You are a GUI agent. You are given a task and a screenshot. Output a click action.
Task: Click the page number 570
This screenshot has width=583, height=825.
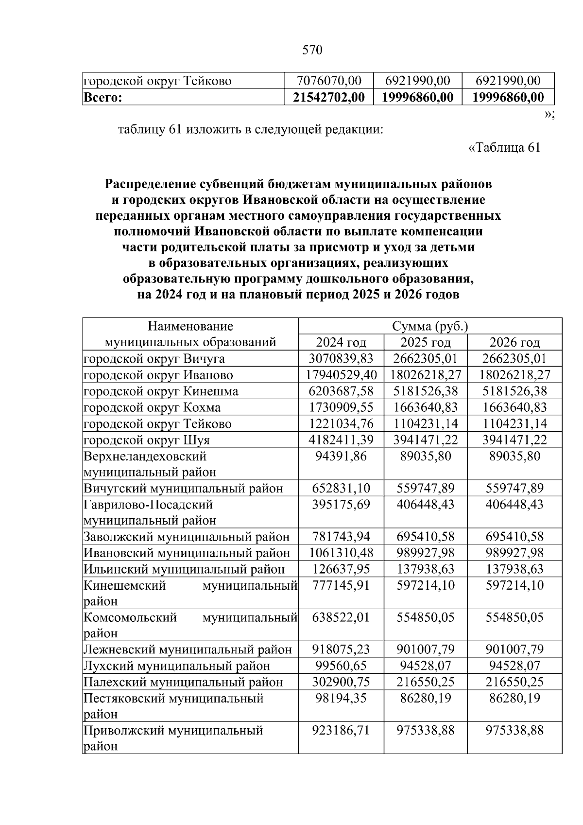pos(312,50)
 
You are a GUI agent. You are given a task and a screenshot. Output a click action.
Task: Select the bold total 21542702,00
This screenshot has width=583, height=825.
pos(329,97)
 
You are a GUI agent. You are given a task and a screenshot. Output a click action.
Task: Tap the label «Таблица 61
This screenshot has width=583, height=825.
pos(504,147)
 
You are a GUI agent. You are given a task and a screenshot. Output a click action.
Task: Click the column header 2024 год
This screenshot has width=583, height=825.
pos(341,342)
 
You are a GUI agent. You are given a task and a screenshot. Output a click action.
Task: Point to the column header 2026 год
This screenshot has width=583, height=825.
pos(514,342)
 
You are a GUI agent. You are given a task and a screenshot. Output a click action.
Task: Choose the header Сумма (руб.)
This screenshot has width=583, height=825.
pos(429,326)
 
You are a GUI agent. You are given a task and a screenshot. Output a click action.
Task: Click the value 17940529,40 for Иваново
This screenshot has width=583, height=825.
pos(341,375)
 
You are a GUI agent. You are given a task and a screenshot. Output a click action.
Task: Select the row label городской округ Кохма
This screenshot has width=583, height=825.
pos(152,407)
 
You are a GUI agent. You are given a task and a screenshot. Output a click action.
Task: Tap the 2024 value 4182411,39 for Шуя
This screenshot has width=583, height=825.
pos(341,440)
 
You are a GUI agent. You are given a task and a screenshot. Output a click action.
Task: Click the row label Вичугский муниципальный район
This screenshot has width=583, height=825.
pos(183,489)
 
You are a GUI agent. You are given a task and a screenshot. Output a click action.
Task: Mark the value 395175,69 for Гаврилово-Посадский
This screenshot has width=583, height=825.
pos(341,505)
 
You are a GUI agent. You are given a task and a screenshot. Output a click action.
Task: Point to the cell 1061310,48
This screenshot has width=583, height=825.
pos(341,553)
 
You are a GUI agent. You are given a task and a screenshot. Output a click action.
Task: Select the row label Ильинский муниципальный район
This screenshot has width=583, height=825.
pos(184,569)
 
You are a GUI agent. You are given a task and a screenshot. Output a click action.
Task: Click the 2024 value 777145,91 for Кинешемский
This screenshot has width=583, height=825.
pos(341,585)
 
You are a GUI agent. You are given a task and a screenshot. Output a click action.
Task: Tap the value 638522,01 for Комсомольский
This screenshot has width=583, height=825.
pos(341,617)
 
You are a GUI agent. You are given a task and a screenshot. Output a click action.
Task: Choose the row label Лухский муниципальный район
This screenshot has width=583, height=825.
pos(177,666)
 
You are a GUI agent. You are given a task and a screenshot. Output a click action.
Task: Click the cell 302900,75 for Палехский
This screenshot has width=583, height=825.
pos(341,682)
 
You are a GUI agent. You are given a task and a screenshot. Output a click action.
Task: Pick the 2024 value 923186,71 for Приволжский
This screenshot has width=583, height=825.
pos(341,730)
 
